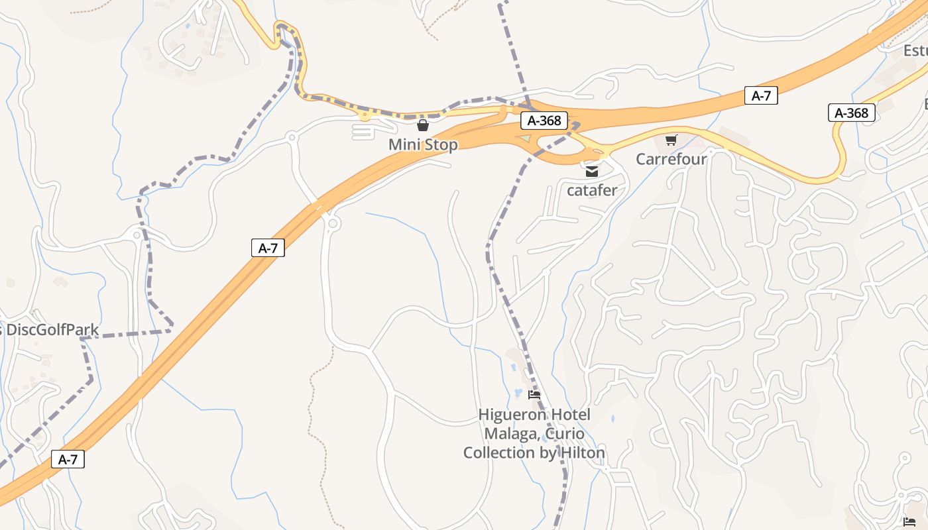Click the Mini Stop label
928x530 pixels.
[423, 144]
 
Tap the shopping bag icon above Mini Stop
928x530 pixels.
[423, 125]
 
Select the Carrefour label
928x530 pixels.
[671, 159]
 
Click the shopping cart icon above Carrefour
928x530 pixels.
[671, 140]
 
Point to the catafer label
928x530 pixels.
[592, 190]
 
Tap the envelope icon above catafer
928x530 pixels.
[592, 172]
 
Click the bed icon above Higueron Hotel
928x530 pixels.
[534, 395]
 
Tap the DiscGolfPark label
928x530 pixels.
[52, 330]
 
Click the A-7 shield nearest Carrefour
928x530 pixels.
[761, 95]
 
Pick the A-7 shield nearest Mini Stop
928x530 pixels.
[268, 248]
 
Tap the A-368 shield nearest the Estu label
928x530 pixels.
[852, 113]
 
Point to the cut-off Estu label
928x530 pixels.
[915, 51]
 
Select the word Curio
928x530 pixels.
[565, 434]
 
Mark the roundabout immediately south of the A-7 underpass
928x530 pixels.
[333, 224]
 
